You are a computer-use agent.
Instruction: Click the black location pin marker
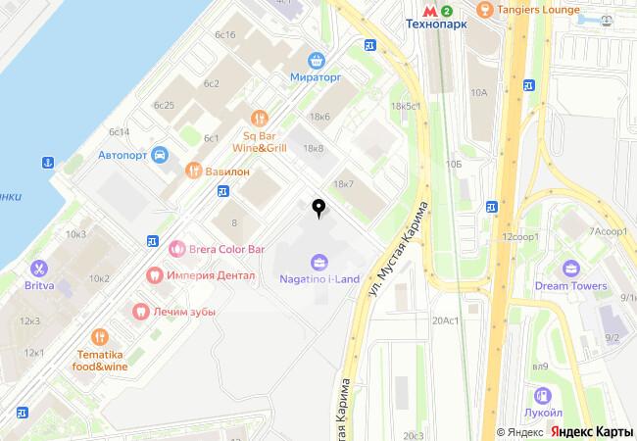click(318, 207)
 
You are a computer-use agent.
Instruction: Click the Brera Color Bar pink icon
click(176, 249)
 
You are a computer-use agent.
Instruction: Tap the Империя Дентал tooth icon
click(152, 275)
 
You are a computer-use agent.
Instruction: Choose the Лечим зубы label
click(183, 311)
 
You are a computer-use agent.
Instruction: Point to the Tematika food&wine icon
click(100, 334)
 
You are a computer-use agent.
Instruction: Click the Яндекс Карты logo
click(590, 431)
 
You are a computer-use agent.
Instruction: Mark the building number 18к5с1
click(405, 105)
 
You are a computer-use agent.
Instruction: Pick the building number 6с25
click(164, 105)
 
